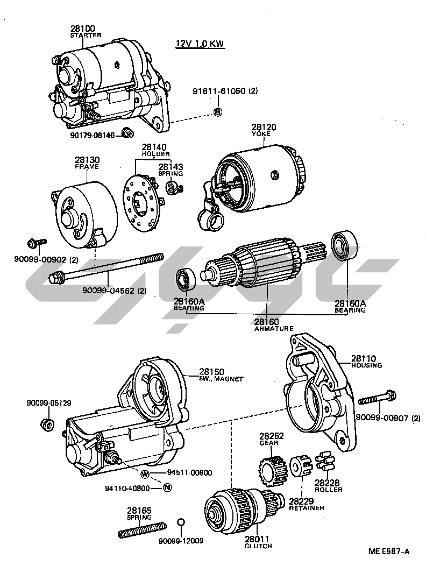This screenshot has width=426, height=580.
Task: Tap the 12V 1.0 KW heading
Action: coord(200,44)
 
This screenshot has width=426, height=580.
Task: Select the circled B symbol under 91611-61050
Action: coord(218,111)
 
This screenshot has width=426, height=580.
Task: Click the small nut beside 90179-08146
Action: coord(127,132)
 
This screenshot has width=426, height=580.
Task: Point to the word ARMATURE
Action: coord(274,328)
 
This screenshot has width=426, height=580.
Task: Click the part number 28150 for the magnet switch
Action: coord(211,372)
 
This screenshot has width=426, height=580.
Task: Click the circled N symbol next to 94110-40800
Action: coord(167,488)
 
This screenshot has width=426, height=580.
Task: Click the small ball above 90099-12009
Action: coord(181,522)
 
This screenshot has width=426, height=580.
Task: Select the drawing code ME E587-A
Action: coord(388,551)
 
